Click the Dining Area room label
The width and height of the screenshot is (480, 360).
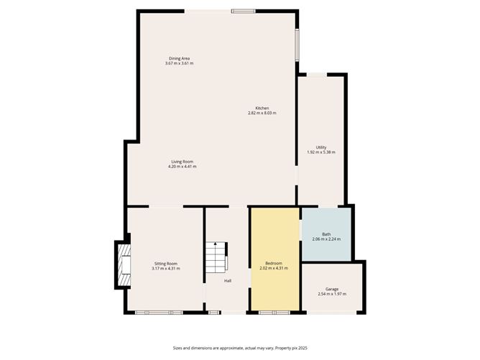tap(179, 58)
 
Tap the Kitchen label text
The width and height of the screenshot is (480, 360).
tap(262, 109)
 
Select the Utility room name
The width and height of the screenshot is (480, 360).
tap(321, 147)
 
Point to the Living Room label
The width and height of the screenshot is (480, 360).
tap(182, 162)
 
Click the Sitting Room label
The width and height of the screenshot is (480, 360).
tap(166, 264)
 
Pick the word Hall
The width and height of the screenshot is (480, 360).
tap(227, 280)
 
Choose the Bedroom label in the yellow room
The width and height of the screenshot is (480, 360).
tap(274, 264)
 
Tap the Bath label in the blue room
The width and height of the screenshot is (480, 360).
tap(326, 234)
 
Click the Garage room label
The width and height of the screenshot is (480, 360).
tap(332, 290)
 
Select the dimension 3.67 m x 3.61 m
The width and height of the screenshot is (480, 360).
tap(179, 63)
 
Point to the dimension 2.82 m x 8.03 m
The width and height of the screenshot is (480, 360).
tap(262, 114)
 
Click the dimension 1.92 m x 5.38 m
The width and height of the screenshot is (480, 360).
tap(321, 152)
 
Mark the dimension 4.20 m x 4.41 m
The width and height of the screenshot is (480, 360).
tap(182, 167)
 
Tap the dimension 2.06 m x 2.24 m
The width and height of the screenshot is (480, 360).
tap(326, 239)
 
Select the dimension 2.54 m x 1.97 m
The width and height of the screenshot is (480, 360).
tap(332, 295)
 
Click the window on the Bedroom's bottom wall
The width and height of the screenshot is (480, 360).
tap(274, 313)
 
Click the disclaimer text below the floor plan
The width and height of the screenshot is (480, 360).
tap(239, 348)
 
